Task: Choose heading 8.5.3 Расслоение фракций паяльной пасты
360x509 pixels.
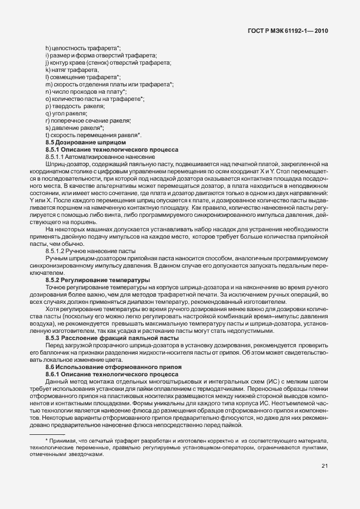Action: (x=111, y=338)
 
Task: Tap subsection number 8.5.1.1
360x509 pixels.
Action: (x=56, y=157)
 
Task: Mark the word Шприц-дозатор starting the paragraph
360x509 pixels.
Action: (x=65, y=164)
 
